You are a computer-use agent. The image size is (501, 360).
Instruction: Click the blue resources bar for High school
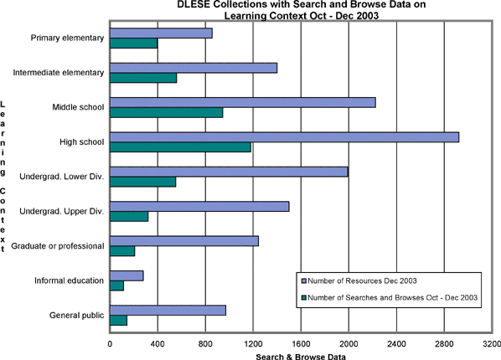(284, 137)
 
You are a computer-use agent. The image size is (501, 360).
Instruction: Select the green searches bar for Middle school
(166, 113)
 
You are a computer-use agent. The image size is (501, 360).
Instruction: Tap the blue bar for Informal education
(127, 275)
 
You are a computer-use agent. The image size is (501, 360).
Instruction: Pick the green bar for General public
(118, 321)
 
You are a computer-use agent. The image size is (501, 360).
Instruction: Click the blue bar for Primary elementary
(161, 33)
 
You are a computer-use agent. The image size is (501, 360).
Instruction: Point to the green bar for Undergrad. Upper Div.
(129, 217)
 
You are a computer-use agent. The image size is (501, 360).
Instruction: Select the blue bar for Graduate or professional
(184, 241)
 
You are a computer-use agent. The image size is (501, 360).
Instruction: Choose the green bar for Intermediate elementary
(143, 78)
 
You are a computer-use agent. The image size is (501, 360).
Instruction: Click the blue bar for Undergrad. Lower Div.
(229, 172)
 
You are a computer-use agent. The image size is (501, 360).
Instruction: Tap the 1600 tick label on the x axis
(301, 344)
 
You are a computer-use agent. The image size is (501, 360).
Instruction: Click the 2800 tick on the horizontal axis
(444, 344)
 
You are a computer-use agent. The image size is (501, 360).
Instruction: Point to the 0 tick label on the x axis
(110, 344)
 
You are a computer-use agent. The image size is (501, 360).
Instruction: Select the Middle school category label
(78, 107)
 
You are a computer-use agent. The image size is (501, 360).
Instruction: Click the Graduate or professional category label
(58, 246)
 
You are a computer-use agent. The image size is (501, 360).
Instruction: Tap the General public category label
(77, 316)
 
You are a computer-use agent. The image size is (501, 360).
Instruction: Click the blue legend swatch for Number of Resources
(304, 281)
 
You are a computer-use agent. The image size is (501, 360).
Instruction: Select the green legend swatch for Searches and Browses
(304, 298)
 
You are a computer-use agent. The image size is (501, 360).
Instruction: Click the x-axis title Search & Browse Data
(301, 357)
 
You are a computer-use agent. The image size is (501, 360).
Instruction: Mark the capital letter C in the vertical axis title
(3, 192)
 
